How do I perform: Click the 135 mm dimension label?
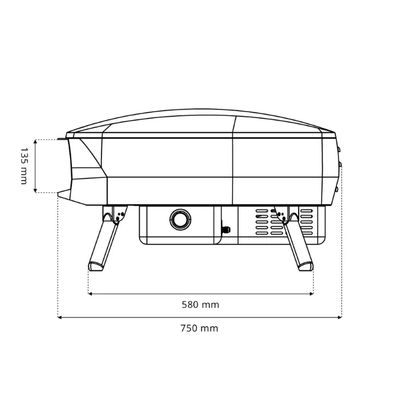pos(24,166)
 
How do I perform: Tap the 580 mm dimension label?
pos(200,304)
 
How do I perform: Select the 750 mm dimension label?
pos(199,328)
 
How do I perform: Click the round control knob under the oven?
pos(181,219)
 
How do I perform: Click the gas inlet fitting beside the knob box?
pos(226,229)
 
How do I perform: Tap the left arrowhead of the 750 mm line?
pos(59,317)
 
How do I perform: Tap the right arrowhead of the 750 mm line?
pos(340,317)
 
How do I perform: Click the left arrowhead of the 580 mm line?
pos(90,294)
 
